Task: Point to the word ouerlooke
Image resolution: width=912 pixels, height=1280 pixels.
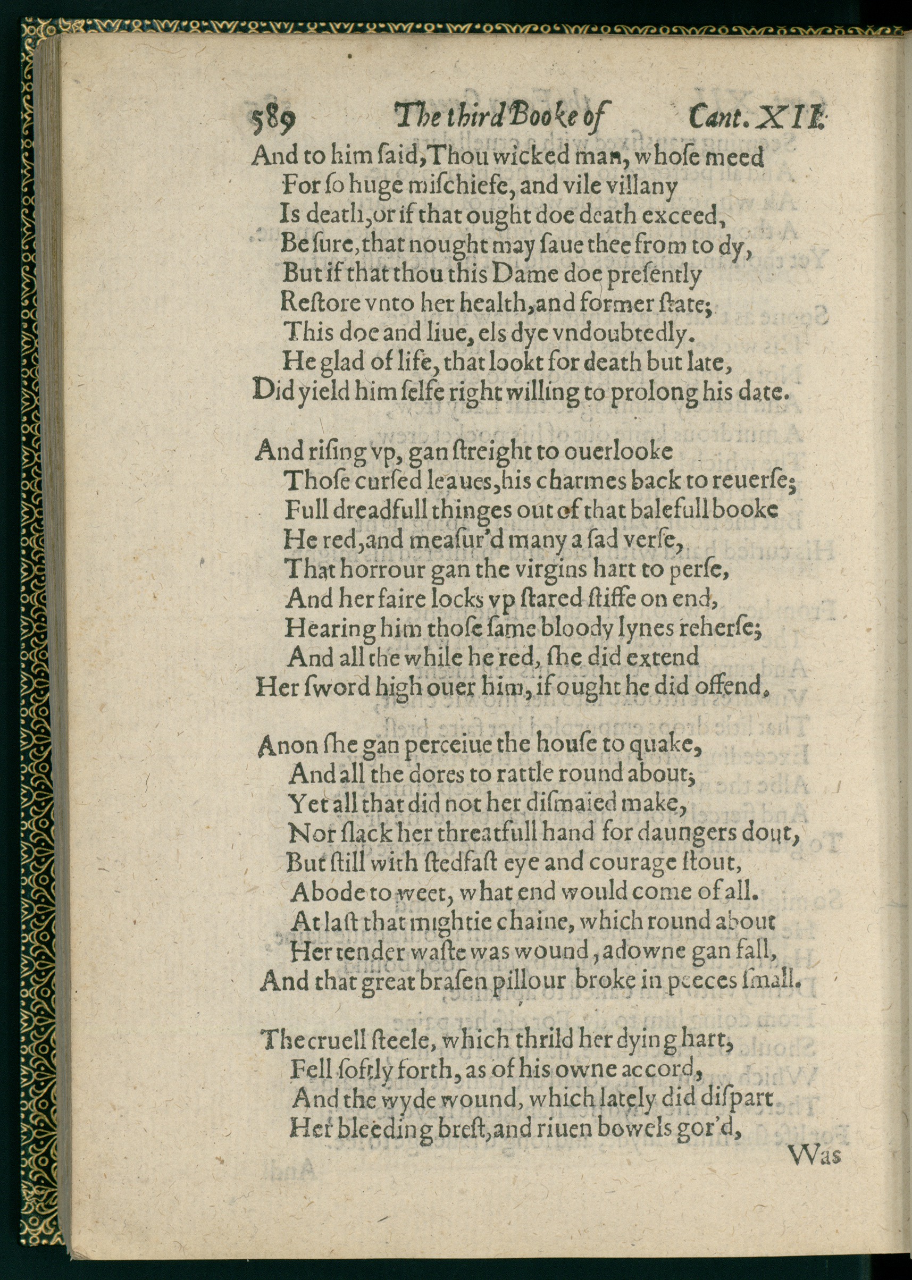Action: coord(618,452)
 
